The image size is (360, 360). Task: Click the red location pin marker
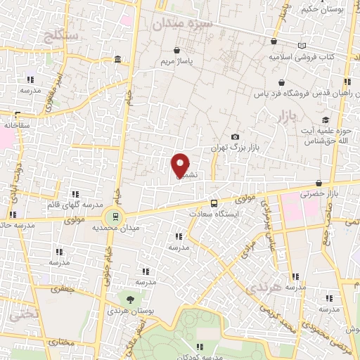pos(181,166)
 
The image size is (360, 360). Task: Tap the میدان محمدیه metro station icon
pos(112,217)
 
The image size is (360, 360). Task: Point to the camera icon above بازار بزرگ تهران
pos(235,137)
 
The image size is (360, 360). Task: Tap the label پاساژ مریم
pos(175,61)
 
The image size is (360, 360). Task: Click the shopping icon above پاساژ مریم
pos(176,50)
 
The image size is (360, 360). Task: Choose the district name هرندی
pos(264,287)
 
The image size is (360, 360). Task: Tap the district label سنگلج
pos(63,35)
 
